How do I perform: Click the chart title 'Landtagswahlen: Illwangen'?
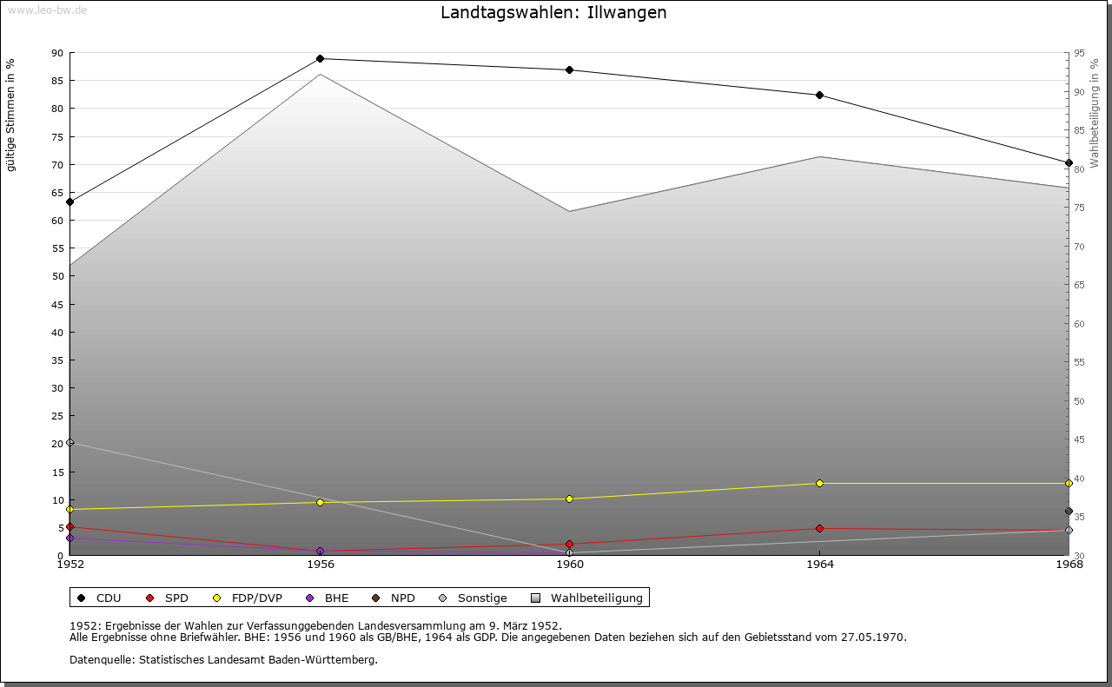(x=553, y=12)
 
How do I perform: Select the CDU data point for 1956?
(x=320, y=59)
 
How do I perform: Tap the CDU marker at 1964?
(x=819, y=96)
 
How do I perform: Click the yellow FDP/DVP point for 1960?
(x=569, y=499)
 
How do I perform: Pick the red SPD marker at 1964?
(x=819, y=529)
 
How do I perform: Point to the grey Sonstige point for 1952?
(x=70, y=443)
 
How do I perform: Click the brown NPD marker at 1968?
(x=1069, y=512)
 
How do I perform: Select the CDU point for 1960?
(x=569, y=70)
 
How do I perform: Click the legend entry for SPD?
(x=169, y=598)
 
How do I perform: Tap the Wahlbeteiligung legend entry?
(x=588, y=598)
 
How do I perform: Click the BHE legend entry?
(x=328, y=598)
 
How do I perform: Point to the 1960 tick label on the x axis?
(x=570, y=565)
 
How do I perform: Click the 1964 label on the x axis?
(x=819, y=565)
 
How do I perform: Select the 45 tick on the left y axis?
(x=57, y=305)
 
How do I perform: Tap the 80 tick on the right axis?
(x=1078, y=169)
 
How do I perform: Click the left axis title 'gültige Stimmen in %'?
(x=11, y=115)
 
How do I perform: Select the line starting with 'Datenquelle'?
(x=223, y=660)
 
